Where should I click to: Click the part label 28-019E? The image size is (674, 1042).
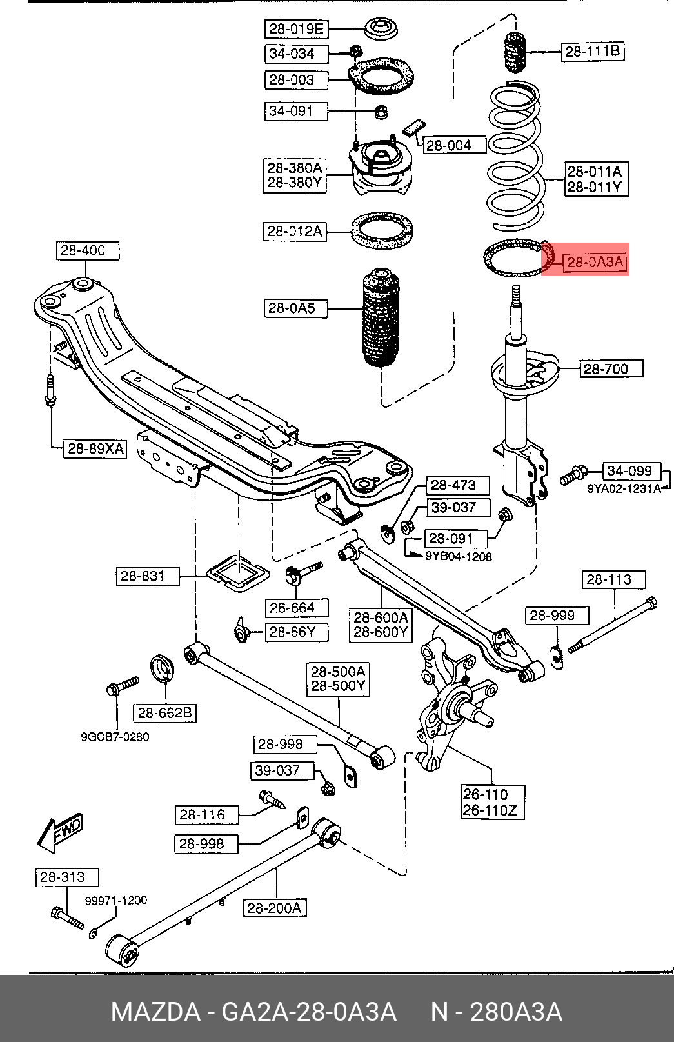296,29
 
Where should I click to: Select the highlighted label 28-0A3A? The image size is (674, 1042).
594,262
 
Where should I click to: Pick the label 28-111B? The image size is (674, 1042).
592,51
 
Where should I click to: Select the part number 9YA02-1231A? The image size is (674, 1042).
624,488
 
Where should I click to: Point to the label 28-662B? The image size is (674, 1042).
165,713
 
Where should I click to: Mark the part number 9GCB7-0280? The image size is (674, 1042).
115,737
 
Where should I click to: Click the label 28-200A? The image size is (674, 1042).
275,908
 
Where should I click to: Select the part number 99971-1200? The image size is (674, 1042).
116,900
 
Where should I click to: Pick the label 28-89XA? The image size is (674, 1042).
95,448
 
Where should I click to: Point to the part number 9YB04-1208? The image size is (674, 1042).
458,556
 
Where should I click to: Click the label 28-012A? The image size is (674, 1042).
294,231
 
